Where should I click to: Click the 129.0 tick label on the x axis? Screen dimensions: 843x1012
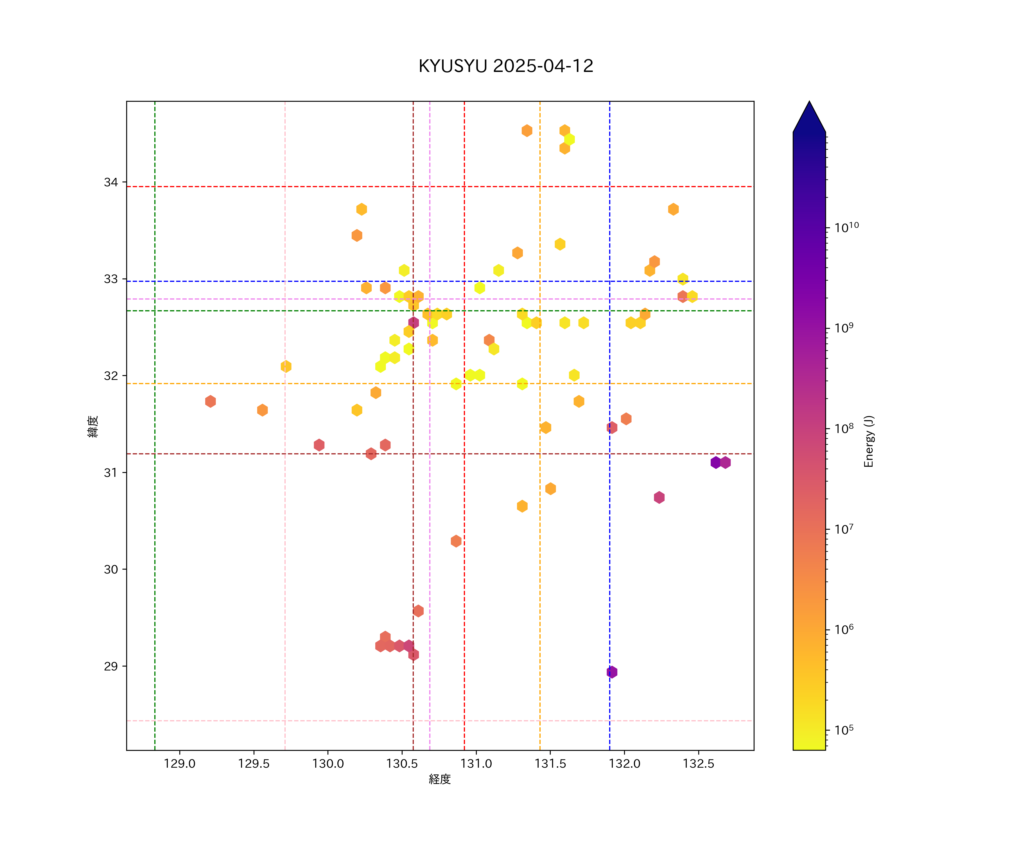click(179, 764)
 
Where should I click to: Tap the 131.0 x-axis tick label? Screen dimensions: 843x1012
click(476, 764)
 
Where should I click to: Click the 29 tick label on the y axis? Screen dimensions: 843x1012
click(111, 666)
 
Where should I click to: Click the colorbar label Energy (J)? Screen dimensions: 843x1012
click(868, 441)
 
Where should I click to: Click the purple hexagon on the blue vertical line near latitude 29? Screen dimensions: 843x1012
click(611, 672)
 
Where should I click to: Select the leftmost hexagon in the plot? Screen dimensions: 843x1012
click(210, 401)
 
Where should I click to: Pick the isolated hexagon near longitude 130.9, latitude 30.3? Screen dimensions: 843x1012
click(456, 541)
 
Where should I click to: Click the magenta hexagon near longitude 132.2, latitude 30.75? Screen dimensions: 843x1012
click(659, 497)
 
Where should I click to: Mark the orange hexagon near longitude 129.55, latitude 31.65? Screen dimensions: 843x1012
click(262, 410)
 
